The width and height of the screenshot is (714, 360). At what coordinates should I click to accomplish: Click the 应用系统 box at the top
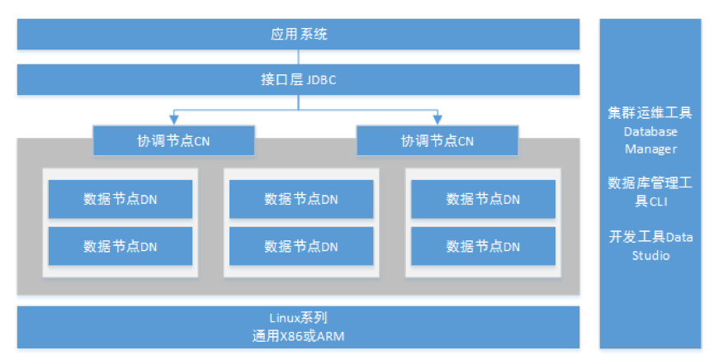pos(299,35)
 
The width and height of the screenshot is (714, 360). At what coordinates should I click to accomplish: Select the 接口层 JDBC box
pos(299,80)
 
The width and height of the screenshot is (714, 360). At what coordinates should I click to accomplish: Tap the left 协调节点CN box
pos(173,140)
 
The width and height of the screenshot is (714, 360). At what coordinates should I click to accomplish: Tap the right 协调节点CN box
pos(437,140)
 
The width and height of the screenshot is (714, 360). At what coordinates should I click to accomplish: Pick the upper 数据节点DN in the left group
pos(121,199)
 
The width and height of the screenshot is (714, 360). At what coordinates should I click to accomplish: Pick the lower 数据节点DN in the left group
pos(121,246)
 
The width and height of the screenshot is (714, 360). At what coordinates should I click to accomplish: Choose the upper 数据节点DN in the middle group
pos(301,199)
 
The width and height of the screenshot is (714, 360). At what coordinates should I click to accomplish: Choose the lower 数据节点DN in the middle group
pos(301,246)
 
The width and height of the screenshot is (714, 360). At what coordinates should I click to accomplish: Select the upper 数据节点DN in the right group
pos(483,199)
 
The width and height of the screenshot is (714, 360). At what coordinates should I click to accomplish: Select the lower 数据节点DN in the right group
pos(483,246)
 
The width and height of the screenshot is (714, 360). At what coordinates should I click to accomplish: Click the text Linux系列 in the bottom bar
pos(299,318)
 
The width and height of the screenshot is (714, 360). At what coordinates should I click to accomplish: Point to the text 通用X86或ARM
pos(299,336)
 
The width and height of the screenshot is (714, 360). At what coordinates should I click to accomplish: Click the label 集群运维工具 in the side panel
pos(650,112)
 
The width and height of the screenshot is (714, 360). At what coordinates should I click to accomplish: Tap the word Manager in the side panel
pos(650,149)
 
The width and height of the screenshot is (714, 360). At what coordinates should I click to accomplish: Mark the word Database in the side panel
pos(650,131)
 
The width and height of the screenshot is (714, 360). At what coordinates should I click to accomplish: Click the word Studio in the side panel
pos(650,255)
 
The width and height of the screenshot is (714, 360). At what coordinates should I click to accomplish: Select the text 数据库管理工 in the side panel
pos(650,182)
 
